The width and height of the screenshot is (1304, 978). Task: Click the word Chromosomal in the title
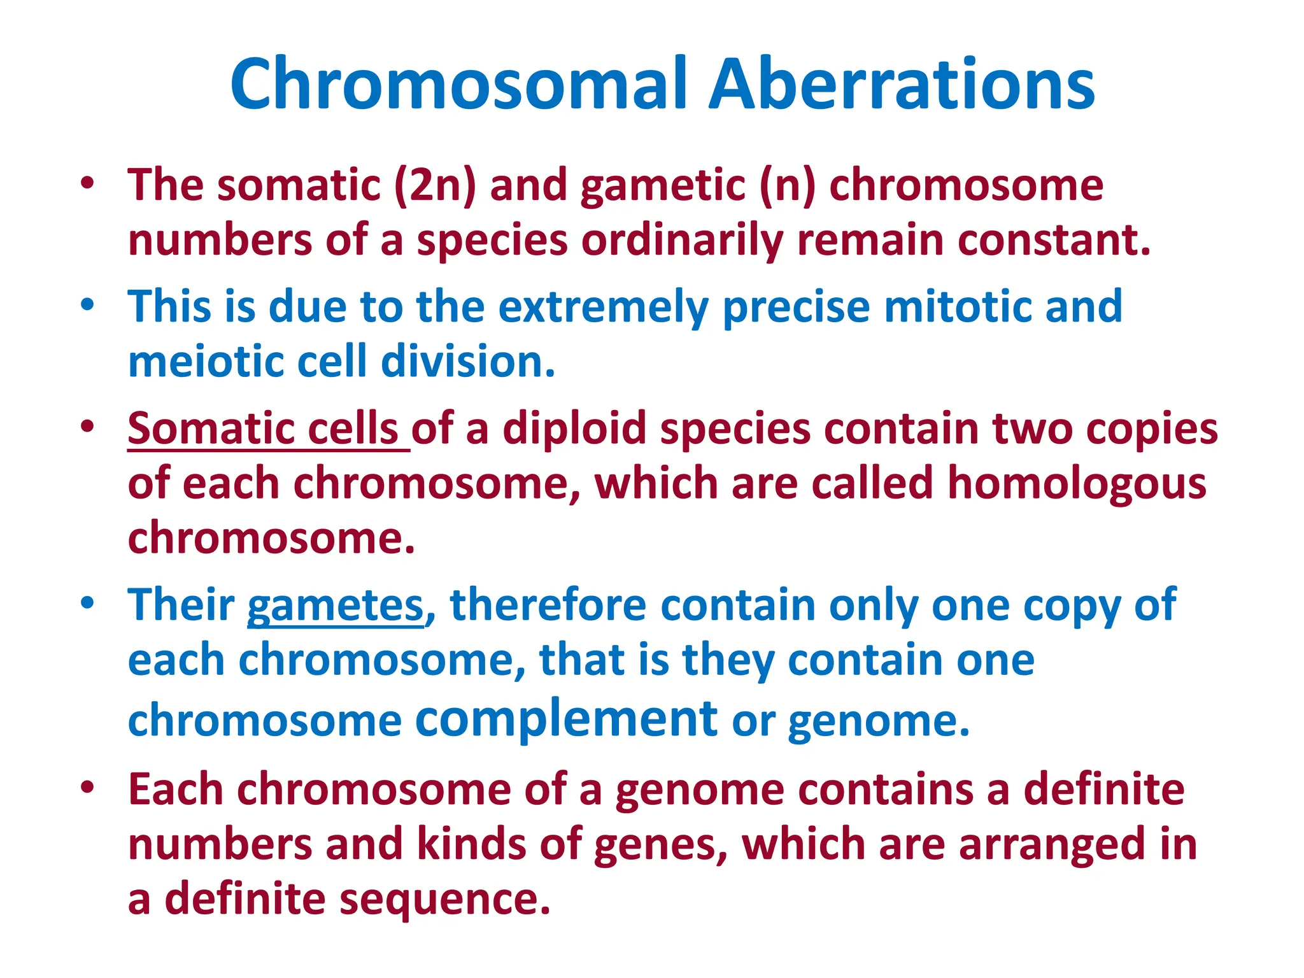point(459,85)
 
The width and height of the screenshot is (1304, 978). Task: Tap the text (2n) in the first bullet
point(435,185)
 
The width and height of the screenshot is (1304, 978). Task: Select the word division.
point(468,362)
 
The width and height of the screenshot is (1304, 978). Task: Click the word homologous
point(1077,483)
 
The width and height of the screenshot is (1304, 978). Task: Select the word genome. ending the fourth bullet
point(879,722)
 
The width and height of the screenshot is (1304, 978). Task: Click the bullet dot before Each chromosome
point(88,788)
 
